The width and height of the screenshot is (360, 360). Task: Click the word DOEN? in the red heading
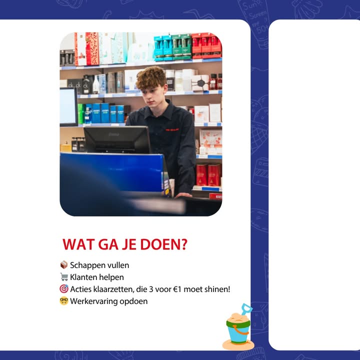163,244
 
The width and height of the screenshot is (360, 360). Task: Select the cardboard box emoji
64,264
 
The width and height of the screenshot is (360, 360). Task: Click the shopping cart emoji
64,277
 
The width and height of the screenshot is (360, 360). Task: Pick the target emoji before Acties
64,289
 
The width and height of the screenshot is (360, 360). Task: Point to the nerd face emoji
64,301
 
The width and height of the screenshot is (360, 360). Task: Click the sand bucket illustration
238,328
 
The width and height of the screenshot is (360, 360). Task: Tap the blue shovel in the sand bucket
246,309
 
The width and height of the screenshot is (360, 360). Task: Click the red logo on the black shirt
172,129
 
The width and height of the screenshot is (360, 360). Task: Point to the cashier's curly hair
151,77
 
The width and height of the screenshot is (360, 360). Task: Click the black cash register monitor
117,139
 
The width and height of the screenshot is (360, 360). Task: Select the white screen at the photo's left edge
68,107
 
